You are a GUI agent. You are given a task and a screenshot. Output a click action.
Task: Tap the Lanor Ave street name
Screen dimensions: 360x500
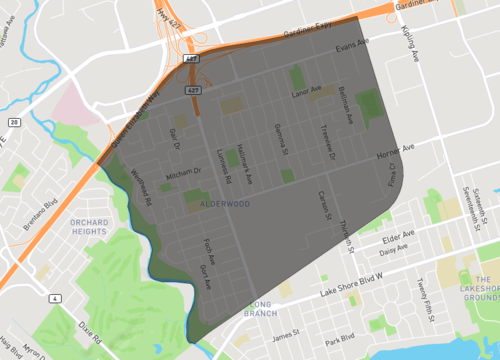tap(304, 91)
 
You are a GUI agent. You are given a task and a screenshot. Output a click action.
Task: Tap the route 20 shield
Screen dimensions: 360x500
tap(14, 121)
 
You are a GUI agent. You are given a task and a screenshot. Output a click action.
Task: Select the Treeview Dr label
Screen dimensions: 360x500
tap(326, 140)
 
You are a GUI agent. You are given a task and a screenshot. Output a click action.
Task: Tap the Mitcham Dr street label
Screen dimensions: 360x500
tap(183, 171)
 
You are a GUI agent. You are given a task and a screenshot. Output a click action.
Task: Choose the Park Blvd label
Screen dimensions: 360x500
tap(340, 338)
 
